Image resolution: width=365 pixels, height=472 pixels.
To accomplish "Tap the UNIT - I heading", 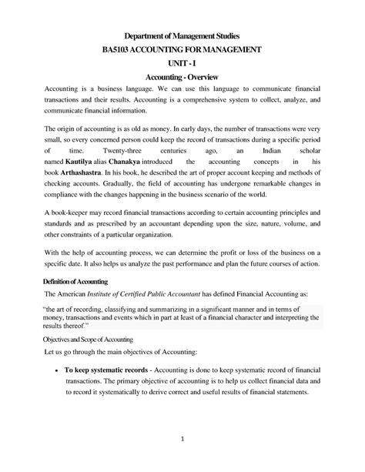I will click(182, 63).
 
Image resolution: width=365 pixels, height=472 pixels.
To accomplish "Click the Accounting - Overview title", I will click(182, 78).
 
